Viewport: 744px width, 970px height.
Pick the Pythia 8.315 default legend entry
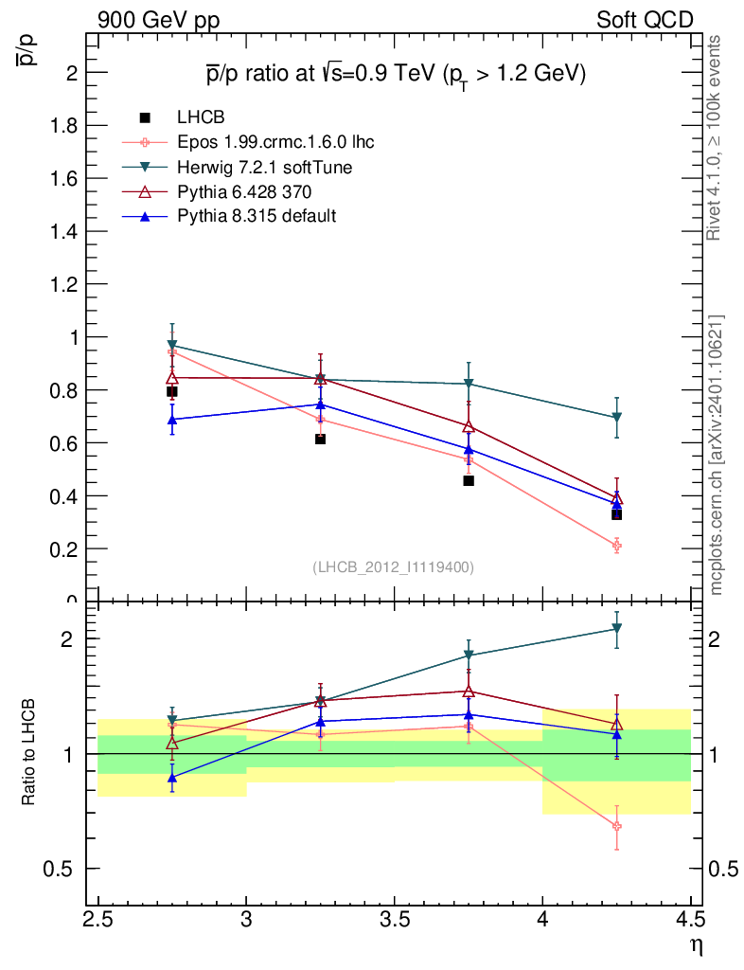coord(257,216)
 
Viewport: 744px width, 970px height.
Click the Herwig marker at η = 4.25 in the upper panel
coord(616,418)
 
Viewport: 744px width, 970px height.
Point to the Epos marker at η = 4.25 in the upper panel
coord(616,546)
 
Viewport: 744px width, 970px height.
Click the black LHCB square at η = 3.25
coord(320,439)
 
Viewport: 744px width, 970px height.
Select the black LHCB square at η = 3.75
coord(469,480)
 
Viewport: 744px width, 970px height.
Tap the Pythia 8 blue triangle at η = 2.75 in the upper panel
coord(172,419)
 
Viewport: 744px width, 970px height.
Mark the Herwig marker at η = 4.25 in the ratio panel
coord(616,628)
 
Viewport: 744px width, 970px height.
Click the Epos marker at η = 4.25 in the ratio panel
coord(616,826)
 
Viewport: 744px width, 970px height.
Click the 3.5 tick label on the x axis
coord(394,919)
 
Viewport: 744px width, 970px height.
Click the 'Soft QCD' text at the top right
coord(645,20)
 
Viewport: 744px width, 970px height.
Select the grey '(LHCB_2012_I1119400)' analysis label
coord(393,566)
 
